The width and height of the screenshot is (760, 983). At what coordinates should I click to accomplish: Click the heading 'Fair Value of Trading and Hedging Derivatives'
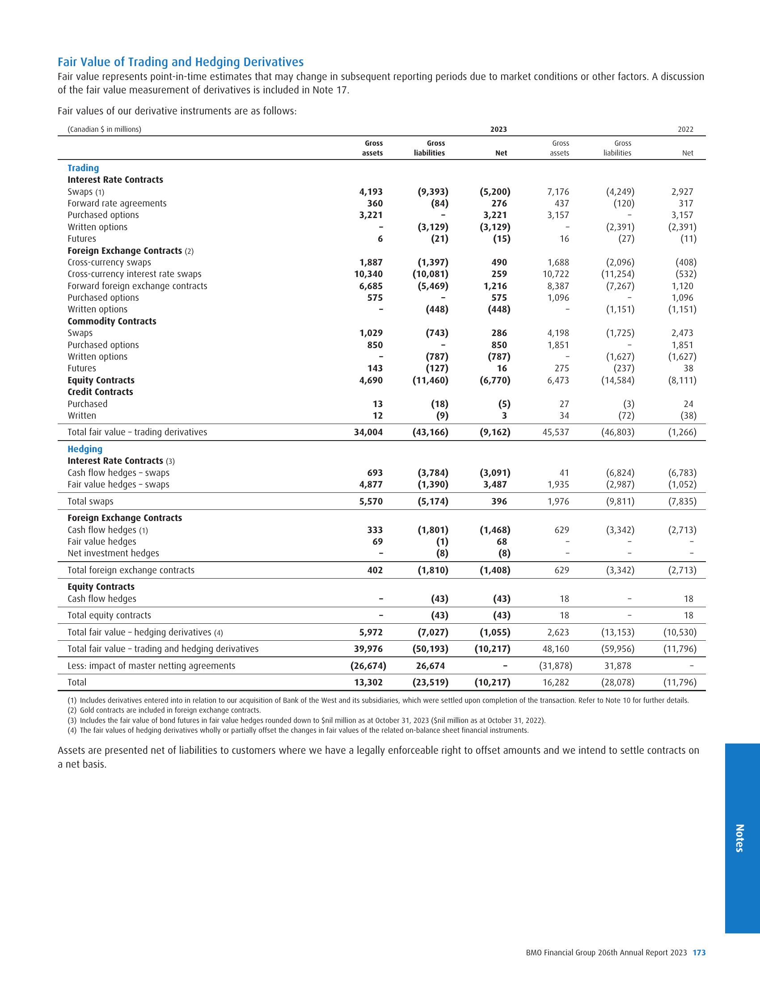pos(181,62)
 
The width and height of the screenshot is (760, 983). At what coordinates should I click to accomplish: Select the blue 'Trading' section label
pos(83,168)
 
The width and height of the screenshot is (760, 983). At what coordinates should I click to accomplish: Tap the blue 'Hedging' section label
pos(85,449)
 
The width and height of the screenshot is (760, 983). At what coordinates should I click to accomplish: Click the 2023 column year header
pos(498,130)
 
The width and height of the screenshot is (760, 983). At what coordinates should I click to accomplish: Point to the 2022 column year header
pos(685,130)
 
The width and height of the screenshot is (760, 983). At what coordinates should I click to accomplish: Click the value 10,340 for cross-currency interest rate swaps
pos(369,274)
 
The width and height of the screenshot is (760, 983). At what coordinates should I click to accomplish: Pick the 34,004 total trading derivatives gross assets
pos(369,432)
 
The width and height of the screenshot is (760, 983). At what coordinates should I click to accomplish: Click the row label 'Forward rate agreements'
pos(117,203)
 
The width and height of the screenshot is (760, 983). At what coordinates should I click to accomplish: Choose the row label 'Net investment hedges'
pos(114,553)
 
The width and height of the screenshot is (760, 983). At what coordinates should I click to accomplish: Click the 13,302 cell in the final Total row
pos(369,682)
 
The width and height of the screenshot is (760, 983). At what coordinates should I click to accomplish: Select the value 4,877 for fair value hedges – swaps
pos(371,484)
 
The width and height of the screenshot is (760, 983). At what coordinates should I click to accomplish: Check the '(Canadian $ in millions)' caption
pos(105,130)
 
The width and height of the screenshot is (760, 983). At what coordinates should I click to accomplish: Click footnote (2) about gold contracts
pos(165,710)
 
